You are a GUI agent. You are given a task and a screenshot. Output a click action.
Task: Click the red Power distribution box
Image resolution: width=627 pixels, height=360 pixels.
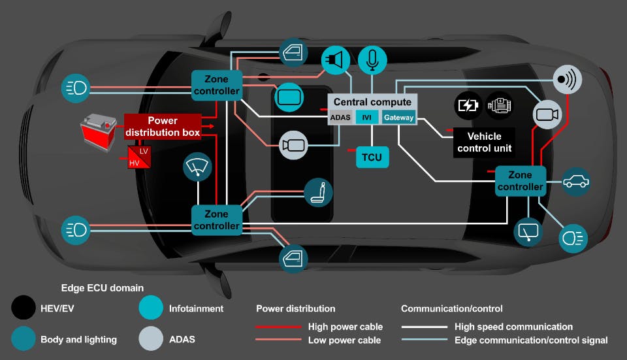pos(163,126)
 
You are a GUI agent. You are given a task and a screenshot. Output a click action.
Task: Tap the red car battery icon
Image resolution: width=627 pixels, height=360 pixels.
pos(98,128)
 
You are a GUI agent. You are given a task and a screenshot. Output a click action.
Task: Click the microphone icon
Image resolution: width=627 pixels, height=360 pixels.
pos(372,61)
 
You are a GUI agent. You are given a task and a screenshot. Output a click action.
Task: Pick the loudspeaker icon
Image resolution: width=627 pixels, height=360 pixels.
pos(335,61)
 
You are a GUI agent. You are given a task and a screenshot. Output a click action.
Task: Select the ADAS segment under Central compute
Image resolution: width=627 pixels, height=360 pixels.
pos(341,118)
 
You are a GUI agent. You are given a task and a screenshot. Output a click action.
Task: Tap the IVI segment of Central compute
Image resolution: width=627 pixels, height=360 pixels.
pos(367,118)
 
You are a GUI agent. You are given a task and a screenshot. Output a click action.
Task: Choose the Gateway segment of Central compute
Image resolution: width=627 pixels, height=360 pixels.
pos(398,118)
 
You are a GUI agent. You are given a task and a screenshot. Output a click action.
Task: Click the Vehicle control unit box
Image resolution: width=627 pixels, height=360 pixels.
pos(484,142)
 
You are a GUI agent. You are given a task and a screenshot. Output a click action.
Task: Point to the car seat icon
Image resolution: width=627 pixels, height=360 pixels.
pos(319,192)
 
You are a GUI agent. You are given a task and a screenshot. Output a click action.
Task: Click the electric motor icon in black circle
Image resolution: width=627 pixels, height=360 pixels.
pos(500,105)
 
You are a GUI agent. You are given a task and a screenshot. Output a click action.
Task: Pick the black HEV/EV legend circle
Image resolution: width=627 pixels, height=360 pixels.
pos(24,308)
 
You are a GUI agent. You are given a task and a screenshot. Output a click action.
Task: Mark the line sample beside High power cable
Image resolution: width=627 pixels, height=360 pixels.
pos(277,327)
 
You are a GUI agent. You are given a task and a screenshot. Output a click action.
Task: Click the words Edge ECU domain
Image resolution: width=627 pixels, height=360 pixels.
pos(102,288)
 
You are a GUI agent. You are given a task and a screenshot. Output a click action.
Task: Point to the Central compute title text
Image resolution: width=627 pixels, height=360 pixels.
pos(372,102)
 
